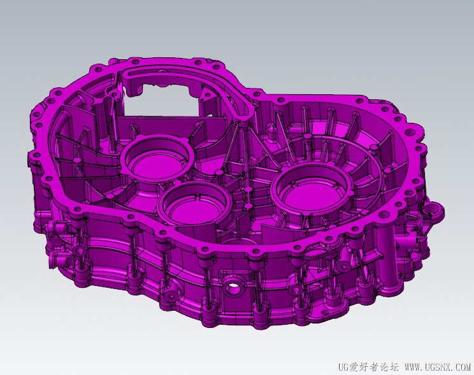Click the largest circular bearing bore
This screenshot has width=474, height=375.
point(312,192)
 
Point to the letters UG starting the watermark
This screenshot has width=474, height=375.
point(343,367)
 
